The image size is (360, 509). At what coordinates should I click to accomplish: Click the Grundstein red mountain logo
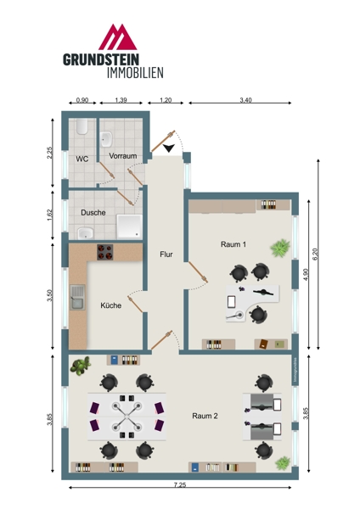tap(118, 36)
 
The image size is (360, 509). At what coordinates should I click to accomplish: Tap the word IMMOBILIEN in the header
tap(135, 73)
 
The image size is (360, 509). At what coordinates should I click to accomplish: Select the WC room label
tap(82, 159)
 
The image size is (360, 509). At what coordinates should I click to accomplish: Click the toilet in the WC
tap(82, 126)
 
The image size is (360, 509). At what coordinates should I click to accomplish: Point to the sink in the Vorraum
tap(106, 139)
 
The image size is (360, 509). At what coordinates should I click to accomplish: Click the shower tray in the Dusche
tap(129, 226)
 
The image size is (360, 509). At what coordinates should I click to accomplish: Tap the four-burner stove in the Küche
tap(105, 252)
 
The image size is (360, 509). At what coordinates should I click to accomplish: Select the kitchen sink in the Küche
tap(77, 297)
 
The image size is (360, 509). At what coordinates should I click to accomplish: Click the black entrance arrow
tap(169, 148)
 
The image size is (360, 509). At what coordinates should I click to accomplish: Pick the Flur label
tap(166, 255)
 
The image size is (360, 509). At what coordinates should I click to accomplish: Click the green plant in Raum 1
tap(280, 248)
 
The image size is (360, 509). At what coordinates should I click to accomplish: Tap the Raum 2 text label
tap(205, 416)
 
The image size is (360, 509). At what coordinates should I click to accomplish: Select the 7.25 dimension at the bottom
tap(180, 485)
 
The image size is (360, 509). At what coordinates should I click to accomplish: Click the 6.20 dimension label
tap(314, 254)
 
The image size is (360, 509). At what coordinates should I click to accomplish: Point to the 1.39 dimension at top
tap(121, 100)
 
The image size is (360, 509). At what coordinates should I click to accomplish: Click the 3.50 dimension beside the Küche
tap(49, 295)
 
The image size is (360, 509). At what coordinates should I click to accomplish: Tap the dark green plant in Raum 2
tap(81, 366)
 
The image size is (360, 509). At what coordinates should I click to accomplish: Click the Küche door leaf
tap(135, 305)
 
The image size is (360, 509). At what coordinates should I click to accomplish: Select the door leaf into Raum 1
tap(198, 271)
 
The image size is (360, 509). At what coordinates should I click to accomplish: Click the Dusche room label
tap(93, 213)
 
